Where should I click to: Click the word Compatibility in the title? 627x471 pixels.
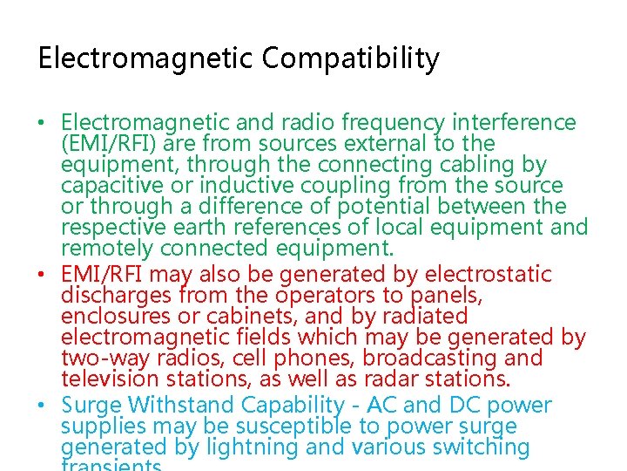coord(350,59)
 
